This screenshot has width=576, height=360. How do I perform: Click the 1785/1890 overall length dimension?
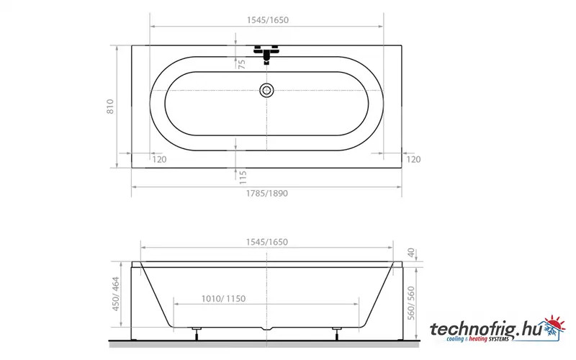(x=266, y=193)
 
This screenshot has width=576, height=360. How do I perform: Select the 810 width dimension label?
(x=110, y=106)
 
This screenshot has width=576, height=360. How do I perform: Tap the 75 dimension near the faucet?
(x=242, y=64)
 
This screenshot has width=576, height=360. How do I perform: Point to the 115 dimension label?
(x=243, y=177)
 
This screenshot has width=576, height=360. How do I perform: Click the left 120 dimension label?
(x=159, y=159)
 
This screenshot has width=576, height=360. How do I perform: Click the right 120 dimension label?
(x=413, y=159)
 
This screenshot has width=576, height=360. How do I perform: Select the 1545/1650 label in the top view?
(x=267, y=20)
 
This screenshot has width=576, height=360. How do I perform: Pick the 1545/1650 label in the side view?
(x=266, y=242)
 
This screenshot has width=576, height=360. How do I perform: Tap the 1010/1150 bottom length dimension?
(x=223, y=299)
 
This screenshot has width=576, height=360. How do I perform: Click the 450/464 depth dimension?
(x=116, y=294)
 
